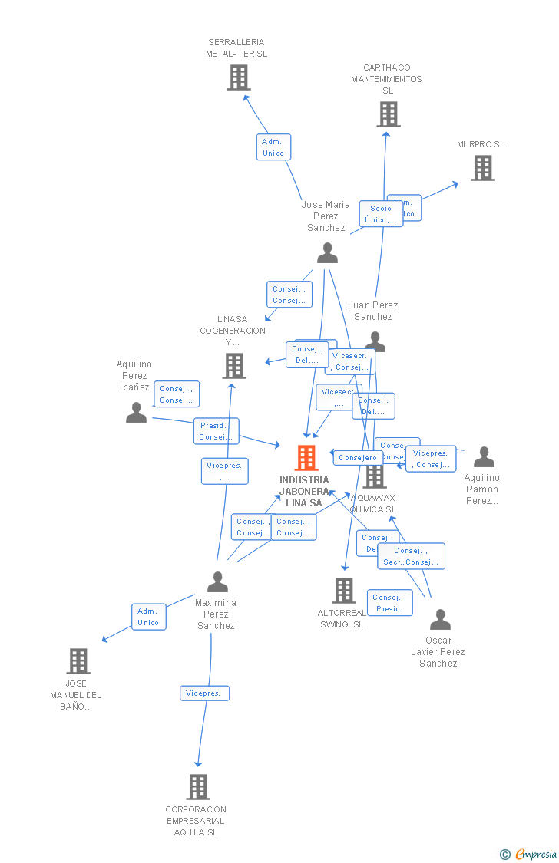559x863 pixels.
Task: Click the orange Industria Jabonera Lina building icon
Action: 306,458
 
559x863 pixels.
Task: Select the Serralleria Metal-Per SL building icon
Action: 239,77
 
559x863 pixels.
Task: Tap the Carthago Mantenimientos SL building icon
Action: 389,114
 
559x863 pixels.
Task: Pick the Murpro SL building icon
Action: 483,168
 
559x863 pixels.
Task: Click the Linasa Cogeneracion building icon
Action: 234,366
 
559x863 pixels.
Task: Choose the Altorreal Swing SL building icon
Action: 344,591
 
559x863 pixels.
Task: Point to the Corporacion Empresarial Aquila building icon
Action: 198,787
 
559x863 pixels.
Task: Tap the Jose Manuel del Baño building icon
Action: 78,660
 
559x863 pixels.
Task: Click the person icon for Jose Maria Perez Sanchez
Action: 328,253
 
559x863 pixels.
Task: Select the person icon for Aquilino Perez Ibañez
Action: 136,413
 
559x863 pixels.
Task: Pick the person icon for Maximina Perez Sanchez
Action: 218,582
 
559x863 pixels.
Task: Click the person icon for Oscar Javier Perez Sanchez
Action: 440,620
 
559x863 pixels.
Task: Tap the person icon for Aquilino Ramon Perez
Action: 484,457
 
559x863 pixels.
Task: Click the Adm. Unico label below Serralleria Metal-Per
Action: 273,147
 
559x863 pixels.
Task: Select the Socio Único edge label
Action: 381,214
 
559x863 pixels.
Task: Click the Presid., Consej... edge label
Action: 217,431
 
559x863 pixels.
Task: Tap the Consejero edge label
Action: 358,458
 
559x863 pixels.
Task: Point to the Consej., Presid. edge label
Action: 389,603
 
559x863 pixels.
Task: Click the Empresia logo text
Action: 535,854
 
